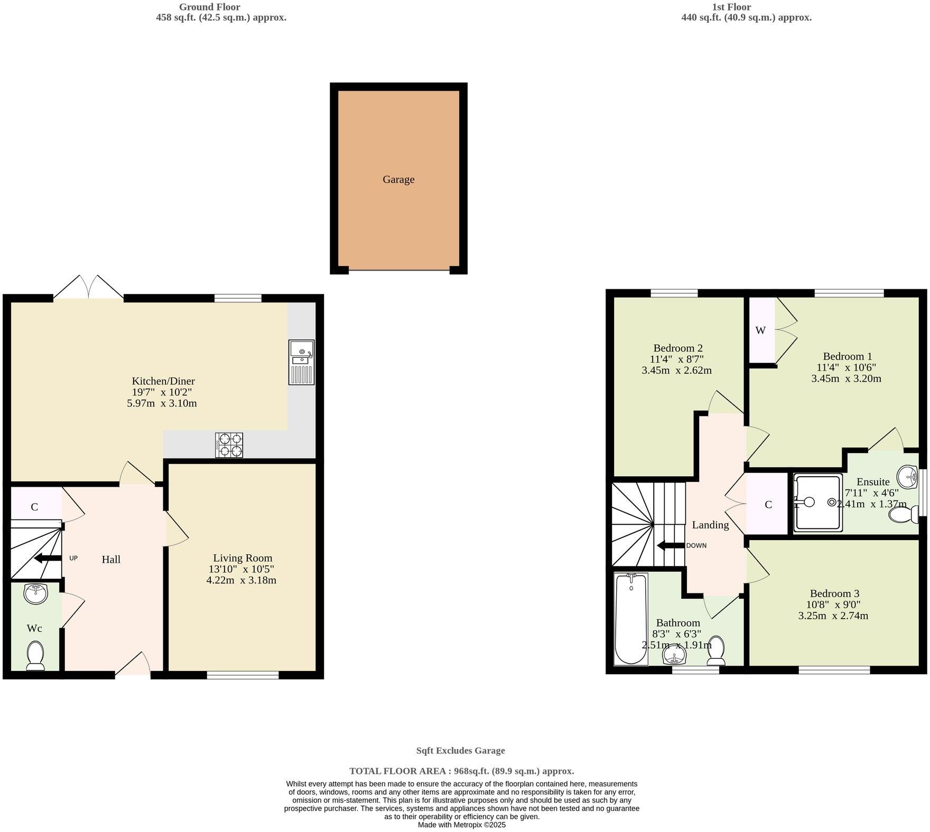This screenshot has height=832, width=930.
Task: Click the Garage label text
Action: click(398, 179)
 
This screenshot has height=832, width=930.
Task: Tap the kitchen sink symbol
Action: click(301, 362)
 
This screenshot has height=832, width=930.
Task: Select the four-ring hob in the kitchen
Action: click(229, 445)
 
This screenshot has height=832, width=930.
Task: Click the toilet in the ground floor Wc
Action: click(35, 655)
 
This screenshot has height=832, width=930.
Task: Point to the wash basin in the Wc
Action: click(35, 593)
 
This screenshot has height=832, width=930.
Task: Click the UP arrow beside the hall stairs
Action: click(48, 558)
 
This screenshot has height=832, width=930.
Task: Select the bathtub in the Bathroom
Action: click(631, 620)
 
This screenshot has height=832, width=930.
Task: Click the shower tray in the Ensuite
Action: click(817, 503)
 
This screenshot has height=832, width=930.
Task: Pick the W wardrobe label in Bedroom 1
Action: click(760, 330)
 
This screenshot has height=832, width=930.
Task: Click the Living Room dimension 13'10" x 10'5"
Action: click(241, 569)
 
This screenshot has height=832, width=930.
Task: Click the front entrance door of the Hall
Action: click(133, 665)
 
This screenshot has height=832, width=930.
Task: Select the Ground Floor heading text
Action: click(209, 7)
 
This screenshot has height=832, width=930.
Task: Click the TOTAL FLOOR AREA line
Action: click(461, 771)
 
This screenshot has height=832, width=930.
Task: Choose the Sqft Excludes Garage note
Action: click(460, 750)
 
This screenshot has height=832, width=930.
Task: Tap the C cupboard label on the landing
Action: click(768, 505)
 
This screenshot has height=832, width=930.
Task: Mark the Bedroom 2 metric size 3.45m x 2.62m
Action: click(676, 370)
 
